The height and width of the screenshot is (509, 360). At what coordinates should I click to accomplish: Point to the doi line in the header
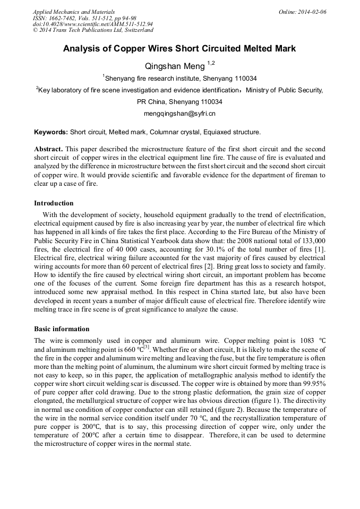point(93,24)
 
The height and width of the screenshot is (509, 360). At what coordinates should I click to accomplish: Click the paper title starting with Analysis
point(179,49)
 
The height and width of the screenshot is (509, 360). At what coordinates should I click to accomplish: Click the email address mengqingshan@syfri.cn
point(179,114)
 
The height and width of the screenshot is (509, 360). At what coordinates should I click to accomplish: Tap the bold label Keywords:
point(51,132)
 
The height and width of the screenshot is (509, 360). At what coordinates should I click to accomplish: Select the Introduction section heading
point(54,203)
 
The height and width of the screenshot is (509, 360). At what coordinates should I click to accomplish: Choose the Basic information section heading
point(62,329)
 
